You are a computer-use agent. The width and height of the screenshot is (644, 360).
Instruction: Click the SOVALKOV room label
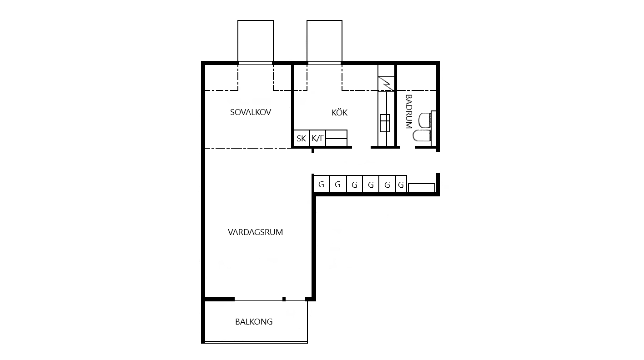coord(251,112)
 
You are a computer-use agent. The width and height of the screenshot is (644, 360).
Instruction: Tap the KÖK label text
coord(340,112)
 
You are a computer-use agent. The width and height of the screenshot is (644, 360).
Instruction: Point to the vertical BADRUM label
coord(408,111)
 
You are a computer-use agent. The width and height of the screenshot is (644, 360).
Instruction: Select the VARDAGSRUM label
coord(255,232)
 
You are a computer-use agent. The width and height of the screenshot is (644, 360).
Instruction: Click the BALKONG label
coord(254,322)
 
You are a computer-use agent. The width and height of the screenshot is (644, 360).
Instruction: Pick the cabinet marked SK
coord(301,138)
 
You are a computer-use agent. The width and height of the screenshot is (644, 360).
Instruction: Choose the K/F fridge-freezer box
coord(318,138)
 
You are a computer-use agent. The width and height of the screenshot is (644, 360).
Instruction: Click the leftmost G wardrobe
coord(322,184)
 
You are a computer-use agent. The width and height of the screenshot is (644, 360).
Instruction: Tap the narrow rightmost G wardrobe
coord(401,184)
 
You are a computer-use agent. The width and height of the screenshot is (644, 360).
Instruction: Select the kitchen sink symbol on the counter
coord(385,123)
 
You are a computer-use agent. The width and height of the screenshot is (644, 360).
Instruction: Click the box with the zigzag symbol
coord(386,84)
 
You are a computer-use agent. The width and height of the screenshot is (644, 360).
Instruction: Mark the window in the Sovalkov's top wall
coord(255,63)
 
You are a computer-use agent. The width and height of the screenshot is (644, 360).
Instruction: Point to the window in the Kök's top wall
coord(324,63)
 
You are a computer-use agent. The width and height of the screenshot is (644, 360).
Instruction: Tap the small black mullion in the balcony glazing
coord(284,300)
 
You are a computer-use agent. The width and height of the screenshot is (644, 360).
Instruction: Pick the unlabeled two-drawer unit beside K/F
coord(337,138)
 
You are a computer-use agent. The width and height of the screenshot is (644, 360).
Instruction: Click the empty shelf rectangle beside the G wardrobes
coord(422,188)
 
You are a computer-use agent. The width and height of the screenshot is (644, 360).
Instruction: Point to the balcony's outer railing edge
coord(256,342)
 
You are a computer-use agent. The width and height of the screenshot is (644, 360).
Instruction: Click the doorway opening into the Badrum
coord(408,147)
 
